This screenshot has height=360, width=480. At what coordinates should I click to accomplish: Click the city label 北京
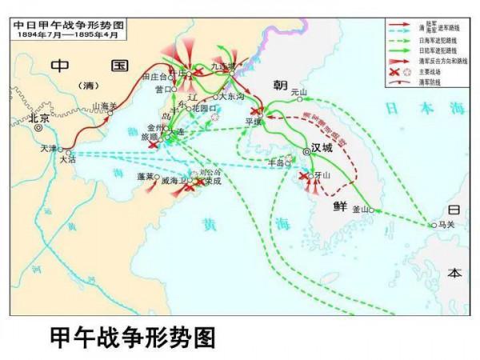(39, 117)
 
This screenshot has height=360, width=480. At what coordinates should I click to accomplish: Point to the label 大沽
(67, 159)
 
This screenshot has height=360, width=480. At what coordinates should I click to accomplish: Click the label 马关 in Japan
(446, 226)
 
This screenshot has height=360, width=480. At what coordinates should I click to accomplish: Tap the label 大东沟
(232, 97)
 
